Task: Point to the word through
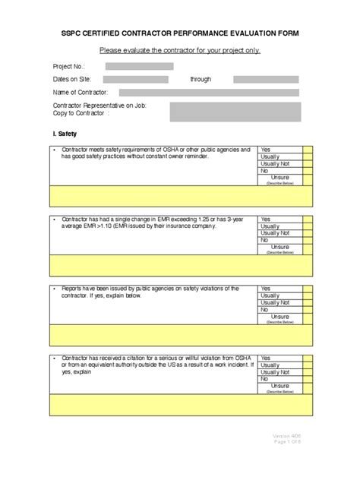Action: click(x=201, y=79)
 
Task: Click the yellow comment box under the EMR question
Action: click(x=180, y=265)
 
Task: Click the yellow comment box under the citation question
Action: click(x=180, y=404)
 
